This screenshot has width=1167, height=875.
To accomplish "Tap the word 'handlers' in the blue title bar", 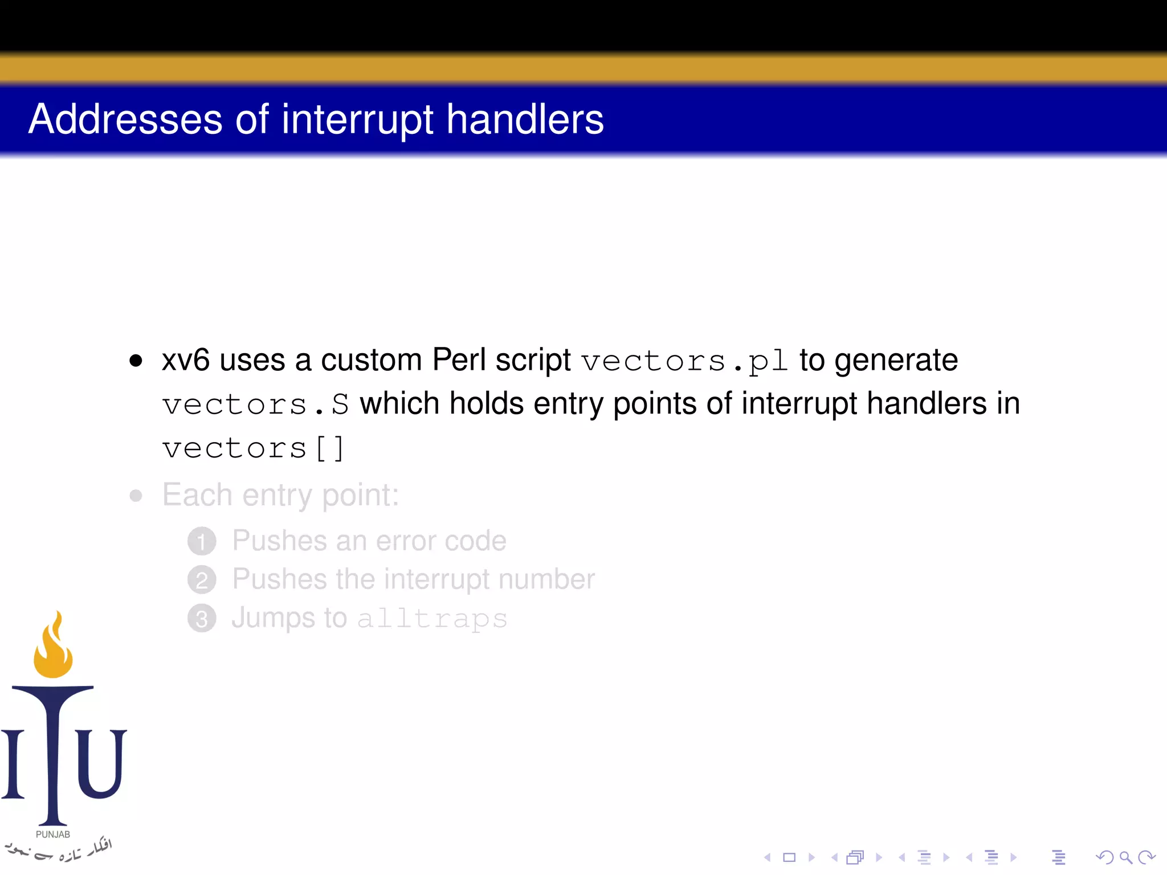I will [525, 120].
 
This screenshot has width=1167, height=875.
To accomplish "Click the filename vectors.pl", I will [684, 361].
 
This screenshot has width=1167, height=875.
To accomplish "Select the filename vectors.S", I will [255, 405].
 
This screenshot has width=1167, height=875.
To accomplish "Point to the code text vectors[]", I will [253, 448].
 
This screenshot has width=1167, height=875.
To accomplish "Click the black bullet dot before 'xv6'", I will [136, 361].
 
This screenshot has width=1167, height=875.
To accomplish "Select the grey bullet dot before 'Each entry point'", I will [136, 496].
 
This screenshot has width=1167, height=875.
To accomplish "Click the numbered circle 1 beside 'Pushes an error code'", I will [202, 541].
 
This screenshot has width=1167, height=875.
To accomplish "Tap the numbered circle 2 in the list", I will [202, 580].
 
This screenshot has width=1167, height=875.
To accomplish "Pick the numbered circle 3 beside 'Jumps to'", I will [202, 619].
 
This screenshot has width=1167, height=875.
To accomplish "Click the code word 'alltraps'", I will [432, 619].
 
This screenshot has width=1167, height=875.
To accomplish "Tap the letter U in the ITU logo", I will [101, 763].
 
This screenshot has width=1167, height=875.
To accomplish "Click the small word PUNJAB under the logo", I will [53, 835].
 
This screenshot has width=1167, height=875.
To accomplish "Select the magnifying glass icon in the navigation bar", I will [1125, 857].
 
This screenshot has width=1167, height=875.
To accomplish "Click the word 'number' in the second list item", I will [546, 579].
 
